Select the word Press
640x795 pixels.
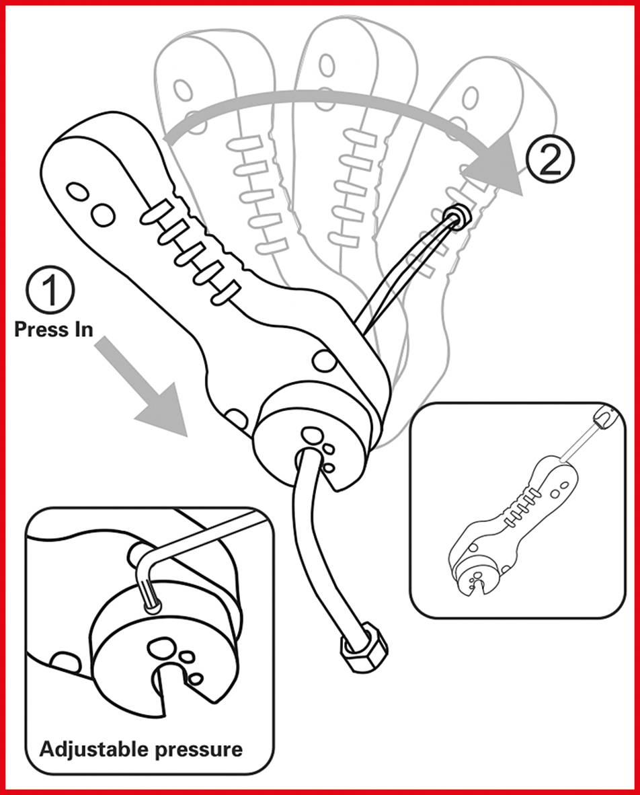click(38, 330)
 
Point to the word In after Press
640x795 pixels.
click(80, 330)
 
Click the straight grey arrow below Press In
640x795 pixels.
click(144, 390)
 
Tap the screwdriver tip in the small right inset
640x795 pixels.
click(603, 419)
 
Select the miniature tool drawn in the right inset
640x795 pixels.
click(511, 525)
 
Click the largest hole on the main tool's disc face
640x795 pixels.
click(311, 434)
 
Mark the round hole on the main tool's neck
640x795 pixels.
click(325, 361)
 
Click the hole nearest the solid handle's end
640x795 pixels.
click(79, 192)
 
